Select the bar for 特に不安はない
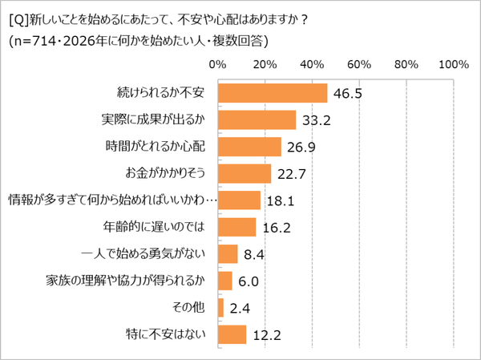pos(232,334)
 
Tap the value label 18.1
pos(280,200)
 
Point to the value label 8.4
pos(253,254)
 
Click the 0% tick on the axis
pos(217,63)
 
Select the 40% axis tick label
pos(312,63)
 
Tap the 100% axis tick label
pos(453,63)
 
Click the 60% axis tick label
pos(359,63)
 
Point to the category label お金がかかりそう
pos(160,173)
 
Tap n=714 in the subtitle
pos(32,40)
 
